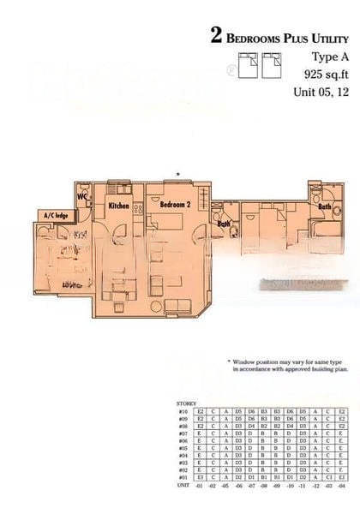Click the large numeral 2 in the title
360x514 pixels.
click(x=218, y=36)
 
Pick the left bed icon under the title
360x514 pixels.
click(x=246, y=63)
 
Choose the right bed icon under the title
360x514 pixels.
click(x=273, y=63)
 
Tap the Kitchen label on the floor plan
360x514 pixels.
click(x=118, y=206)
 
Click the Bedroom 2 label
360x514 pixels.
click(x=174, y=206)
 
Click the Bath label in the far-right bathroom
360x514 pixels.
click(x=325, y=206)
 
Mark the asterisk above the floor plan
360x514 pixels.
click(x=177, y=175)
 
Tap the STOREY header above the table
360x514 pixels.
click(x=186, y=403)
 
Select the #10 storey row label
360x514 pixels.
click(x=183, y=411)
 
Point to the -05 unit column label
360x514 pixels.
click(x=225, y=486)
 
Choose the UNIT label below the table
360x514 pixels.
click(x=183, y=486)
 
